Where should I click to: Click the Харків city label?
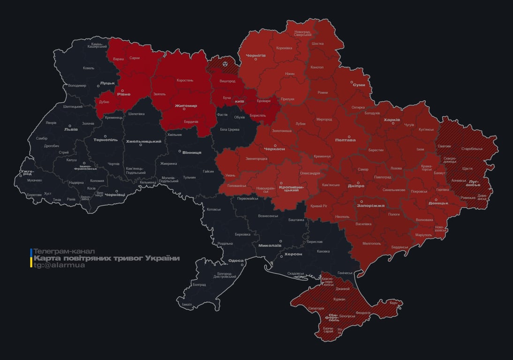392,120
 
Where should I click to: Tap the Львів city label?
71,129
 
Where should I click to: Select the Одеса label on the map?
235,261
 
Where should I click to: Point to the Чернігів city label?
256,55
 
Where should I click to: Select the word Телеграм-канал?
64,251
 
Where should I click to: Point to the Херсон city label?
293,254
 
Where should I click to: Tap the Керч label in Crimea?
393,303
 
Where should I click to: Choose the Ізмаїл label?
187,304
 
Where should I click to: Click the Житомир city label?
186,105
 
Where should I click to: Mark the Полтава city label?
345,140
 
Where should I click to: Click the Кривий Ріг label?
319,206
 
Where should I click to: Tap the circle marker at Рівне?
123,90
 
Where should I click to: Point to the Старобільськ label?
472,149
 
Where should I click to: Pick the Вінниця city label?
192,152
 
